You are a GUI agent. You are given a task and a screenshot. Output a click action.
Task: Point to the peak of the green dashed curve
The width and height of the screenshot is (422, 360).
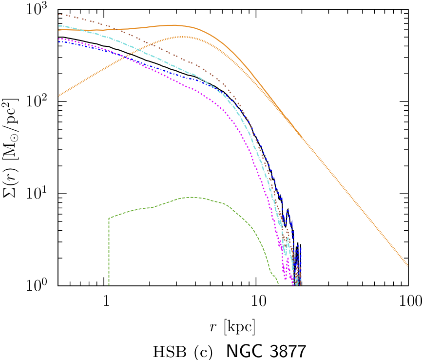[x=190, y=197]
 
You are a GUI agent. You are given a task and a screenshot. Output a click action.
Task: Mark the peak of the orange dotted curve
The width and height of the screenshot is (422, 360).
[x=181, y=37]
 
